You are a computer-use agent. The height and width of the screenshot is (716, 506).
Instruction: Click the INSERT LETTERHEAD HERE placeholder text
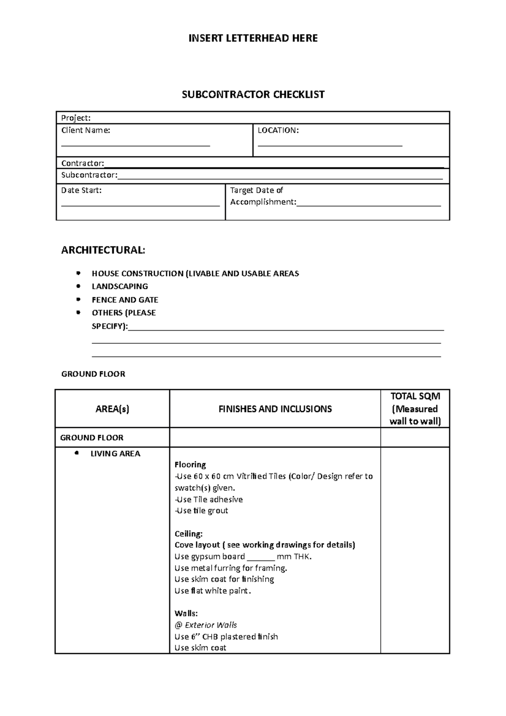point(253,38)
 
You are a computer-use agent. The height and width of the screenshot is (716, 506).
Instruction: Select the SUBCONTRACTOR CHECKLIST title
point(253,94)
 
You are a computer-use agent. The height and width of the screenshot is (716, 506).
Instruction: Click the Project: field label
point(76,118)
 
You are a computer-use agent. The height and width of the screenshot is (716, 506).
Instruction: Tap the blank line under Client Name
point(135,145)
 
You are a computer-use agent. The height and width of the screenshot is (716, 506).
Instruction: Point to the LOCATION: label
point(278,131)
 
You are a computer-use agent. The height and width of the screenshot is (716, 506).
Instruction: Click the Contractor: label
point(83,163)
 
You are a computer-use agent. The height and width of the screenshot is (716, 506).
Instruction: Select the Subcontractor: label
point(89,175)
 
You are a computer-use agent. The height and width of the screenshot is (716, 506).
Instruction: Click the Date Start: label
point(81,191)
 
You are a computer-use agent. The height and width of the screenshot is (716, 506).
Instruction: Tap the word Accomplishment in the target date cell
point(263,202)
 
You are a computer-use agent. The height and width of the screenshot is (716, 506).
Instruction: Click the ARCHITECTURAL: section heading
point(103,250)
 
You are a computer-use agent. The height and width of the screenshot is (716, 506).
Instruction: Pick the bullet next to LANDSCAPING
point(78,286)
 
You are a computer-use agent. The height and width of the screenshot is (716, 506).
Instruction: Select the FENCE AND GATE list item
point(125,300)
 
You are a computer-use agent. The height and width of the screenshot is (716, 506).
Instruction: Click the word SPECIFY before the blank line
point(109,326)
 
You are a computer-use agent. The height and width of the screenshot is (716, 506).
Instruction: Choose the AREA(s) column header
point(112,409)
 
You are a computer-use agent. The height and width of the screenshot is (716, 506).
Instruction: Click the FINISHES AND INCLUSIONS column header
point(275,409)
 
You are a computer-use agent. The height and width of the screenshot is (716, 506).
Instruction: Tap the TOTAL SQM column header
point(415,396)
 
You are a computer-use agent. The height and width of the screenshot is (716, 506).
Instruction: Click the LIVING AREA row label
point(115,454)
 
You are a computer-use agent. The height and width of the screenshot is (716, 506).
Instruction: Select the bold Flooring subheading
point(190,465)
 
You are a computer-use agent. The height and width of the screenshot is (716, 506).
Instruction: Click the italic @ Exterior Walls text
point(206,625)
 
